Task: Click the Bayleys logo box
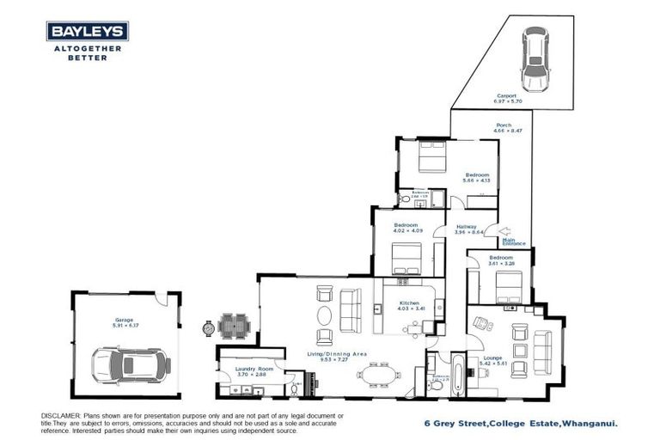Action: [88, 32]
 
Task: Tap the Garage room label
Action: [125, 321]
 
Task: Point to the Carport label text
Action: [507, 96]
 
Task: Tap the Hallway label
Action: [467, 227]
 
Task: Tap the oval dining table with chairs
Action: [378, 375]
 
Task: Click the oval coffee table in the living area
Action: [325, 338]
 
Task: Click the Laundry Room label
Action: [253, 370]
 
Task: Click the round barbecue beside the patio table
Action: [209, 327]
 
